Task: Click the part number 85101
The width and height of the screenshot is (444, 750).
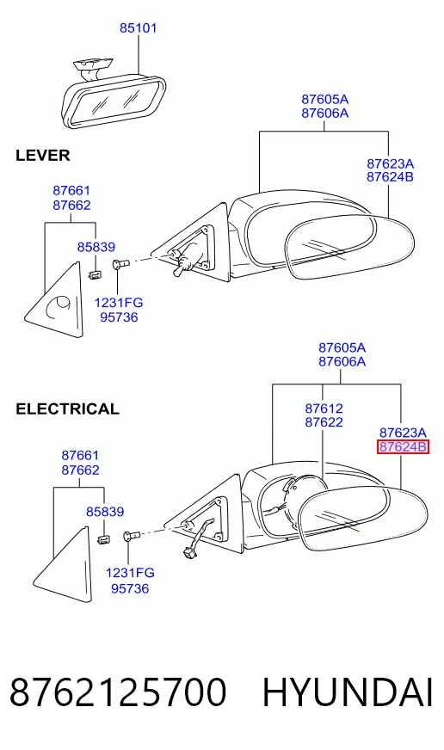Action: click(x=138, y=28)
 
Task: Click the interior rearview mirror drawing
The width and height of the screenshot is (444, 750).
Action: click(x=113, y=96)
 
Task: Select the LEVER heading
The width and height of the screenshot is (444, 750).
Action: click(x=43, y=156)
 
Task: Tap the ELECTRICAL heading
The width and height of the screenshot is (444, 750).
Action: click(x=67, y=409)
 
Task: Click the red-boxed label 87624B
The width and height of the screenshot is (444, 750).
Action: click(x=403, y=447)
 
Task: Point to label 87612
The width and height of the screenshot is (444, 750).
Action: click(x=324, y=409)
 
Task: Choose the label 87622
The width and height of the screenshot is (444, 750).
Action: click(x=324, y=422)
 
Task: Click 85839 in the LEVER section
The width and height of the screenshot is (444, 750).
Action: click(x=96, y=247)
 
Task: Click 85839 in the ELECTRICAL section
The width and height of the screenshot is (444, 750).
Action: click(x=105, y=511)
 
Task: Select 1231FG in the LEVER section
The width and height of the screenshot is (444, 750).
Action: click(x=119, y=303)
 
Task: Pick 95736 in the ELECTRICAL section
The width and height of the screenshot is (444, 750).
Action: click(x=130, y=588)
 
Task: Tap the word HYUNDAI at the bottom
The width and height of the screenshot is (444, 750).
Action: click(x=348, y=692)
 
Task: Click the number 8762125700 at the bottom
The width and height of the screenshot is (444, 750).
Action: click(x=117, y=692)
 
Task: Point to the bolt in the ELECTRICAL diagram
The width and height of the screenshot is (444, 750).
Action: click(x=131, y=536)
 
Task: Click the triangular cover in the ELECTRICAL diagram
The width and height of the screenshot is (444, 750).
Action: click(x=62, y=565)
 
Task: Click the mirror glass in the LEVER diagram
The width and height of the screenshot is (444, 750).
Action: click(x=349, y=248)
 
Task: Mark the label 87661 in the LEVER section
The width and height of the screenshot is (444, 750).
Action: click(x=71, y=190)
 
